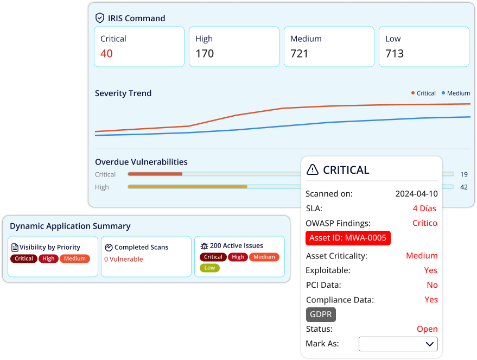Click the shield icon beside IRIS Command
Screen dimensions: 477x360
click(x=100, y=18)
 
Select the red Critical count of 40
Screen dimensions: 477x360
click(x=106, y=54)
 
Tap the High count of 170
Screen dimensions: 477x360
click(x=205, y=54)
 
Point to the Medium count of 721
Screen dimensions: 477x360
click(x=300, y=54)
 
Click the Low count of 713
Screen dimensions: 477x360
click(x=395, y=54)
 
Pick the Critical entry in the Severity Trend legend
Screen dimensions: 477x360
click(x=423, y=93)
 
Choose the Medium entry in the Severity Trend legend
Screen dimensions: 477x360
click(x=456, y=93)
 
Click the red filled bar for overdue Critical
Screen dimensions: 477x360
click(x=155, y=174)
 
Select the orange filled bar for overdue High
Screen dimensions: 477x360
click(x=187, y=187)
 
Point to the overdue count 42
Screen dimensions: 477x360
click(x=463, y=187)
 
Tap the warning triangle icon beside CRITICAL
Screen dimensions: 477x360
click(x=313, y=169)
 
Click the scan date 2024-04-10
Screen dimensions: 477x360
click(x=416, y=194)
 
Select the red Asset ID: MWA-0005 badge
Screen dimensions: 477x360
click(x=348, y=238)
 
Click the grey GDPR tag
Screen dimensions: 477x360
click(x=321, y=314)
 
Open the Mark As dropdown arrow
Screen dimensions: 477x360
click(x=430, y=344)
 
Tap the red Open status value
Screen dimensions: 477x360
click(x=427, y=329)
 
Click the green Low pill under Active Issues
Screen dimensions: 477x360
click(x=209, y=268)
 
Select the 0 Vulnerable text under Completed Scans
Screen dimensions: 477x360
click(x=124, y=259)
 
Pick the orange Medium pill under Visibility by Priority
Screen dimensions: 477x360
click(x=75, y=258)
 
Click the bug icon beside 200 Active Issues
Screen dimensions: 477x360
click(x=204, y=246)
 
